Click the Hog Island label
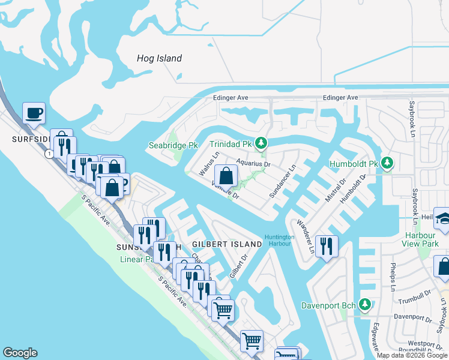159,58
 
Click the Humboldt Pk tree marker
387,163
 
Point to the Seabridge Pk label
173,145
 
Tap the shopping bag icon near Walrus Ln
226,176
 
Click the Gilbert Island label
227,244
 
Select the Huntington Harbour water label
279,240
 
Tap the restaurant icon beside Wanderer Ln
326,247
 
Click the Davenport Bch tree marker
364,304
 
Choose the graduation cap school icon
443,218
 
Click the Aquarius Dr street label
254,163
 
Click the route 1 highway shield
47,154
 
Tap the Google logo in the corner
20,353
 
